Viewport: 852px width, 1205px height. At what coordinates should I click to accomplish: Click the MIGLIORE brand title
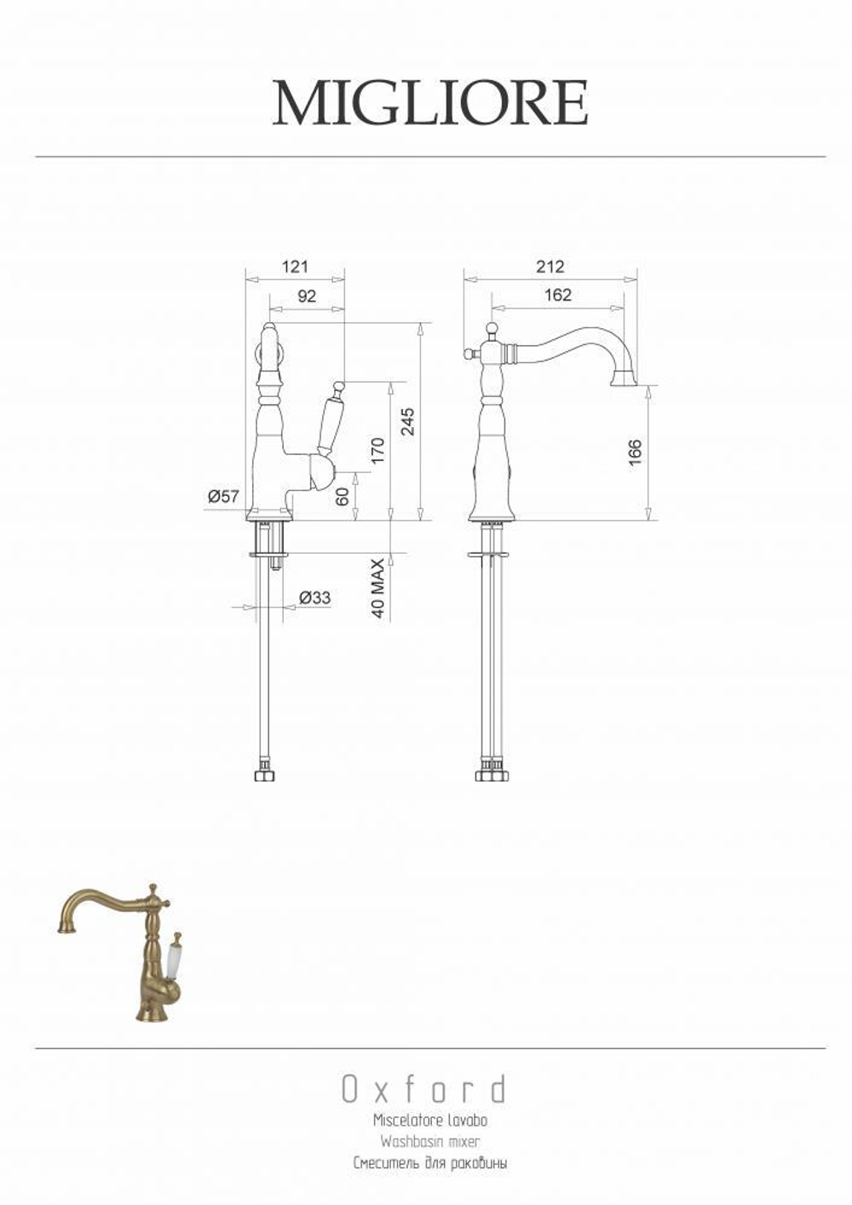(429, 103)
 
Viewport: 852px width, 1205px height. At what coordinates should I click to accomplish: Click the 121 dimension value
(295, 267)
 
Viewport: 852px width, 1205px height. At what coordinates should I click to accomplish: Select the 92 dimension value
(306, 296)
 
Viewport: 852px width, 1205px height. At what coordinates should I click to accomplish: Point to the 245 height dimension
(408, 421)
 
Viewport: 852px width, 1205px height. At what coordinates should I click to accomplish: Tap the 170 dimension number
(378, 451)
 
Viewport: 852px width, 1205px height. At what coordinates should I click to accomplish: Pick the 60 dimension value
(343, 496)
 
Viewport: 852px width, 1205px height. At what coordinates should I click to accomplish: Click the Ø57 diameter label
(223, 496)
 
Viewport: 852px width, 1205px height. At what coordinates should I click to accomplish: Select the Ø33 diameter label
(314, 597)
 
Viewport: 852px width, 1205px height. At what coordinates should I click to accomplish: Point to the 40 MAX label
(378, 588)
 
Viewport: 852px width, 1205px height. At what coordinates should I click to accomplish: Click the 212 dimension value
(550, 266)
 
